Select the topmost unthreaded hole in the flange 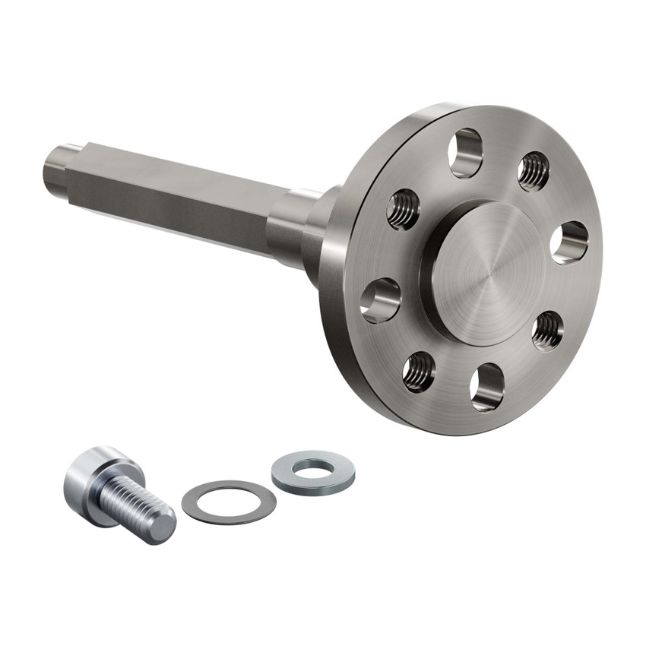(466, 153)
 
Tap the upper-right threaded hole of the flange (534, 171)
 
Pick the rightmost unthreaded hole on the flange (569, 243)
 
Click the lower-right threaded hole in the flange (547, 331)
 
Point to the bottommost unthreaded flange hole (486, 386)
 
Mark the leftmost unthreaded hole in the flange (380, 299)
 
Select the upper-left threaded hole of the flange (403, 209)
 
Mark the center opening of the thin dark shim (229, 501)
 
